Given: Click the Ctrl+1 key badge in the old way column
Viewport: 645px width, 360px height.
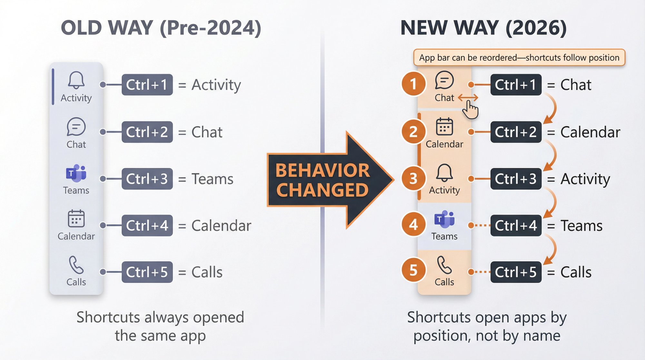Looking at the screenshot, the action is (147, 85).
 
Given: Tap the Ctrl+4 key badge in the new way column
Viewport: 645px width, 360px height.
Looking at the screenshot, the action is (516, 225).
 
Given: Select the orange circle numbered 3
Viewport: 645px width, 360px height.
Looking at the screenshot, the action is (413, 178).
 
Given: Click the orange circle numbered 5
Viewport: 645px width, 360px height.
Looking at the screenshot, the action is (413, 270).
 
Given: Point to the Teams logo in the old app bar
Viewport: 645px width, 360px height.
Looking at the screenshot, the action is (76, 173).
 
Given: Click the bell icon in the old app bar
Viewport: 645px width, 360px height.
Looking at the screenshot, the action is (76, 80).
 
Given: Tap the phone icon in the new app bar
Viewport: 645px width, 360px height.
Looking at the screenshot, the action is (444, 265).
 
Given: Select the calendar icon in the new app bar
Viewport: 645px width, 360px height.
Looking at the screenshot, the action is (444, 126).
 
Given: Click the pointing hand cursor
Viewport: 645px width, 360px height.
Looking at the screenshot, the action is (470, 109).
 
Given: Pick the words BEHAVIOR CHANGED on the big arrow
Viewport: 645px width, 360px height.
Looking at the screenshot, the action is (322, 180).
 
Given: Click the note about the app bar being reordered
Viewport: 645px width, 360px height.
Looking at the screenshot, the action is (519, 58).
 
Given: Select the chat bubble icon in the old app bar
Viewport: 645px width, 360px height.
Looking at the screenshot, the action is (76, 127).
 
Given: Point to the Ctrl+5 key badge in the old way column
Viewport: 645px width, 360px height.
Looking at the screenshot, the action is (147, 272).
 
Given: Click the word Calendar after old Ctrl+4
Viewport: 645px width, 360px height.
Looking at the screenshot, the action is (221, 225).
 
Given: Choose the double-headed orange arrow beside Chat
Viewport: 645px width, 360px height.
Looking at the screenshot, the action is (468, 97).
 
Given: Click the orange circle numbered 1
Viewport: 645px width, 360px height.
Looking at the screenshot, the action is (413, 84).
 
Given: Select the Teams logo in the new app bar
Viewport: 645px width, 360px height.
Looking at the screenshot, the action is (444, 219).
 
